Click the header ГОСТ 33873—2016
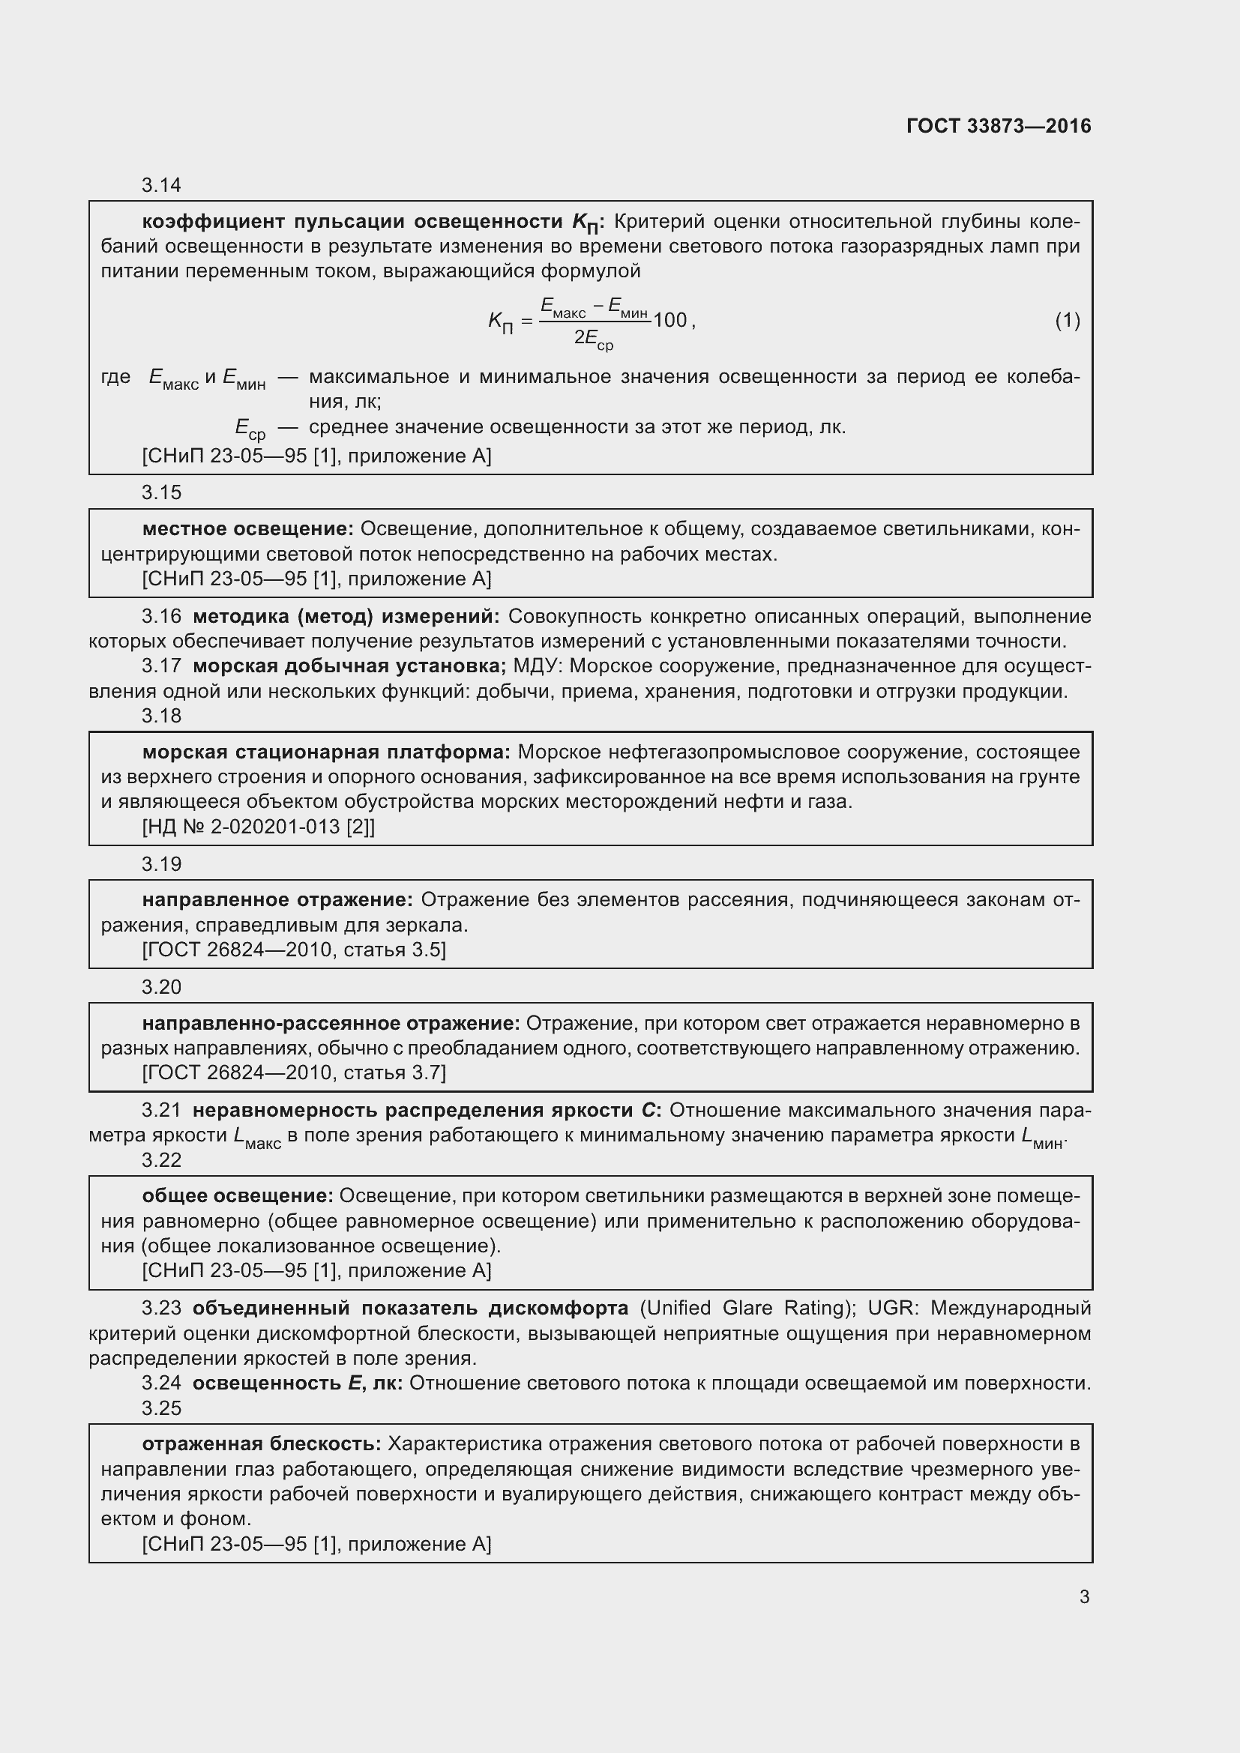(998, 126)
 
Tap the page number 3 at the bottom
(1084, 1596)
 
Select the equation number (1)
(1068, 321)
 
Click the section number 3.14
(161, 186)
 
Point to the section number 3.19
(161, 863)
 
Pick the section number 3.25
(161, 1408)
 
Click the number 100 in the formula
(670, 321)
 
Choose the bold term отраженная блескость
(261, 1443)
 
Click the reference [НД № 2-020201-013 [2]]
(258, 827)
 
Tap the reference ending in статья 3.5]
(294, 950)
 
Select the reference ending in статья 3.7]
(294, 1072)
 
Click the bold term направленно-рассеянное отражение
(331, 1023)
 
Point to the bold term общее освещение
(238, 1195)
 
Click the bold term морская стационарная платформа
(326, 752)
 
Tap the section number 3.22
(161, 1159)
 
